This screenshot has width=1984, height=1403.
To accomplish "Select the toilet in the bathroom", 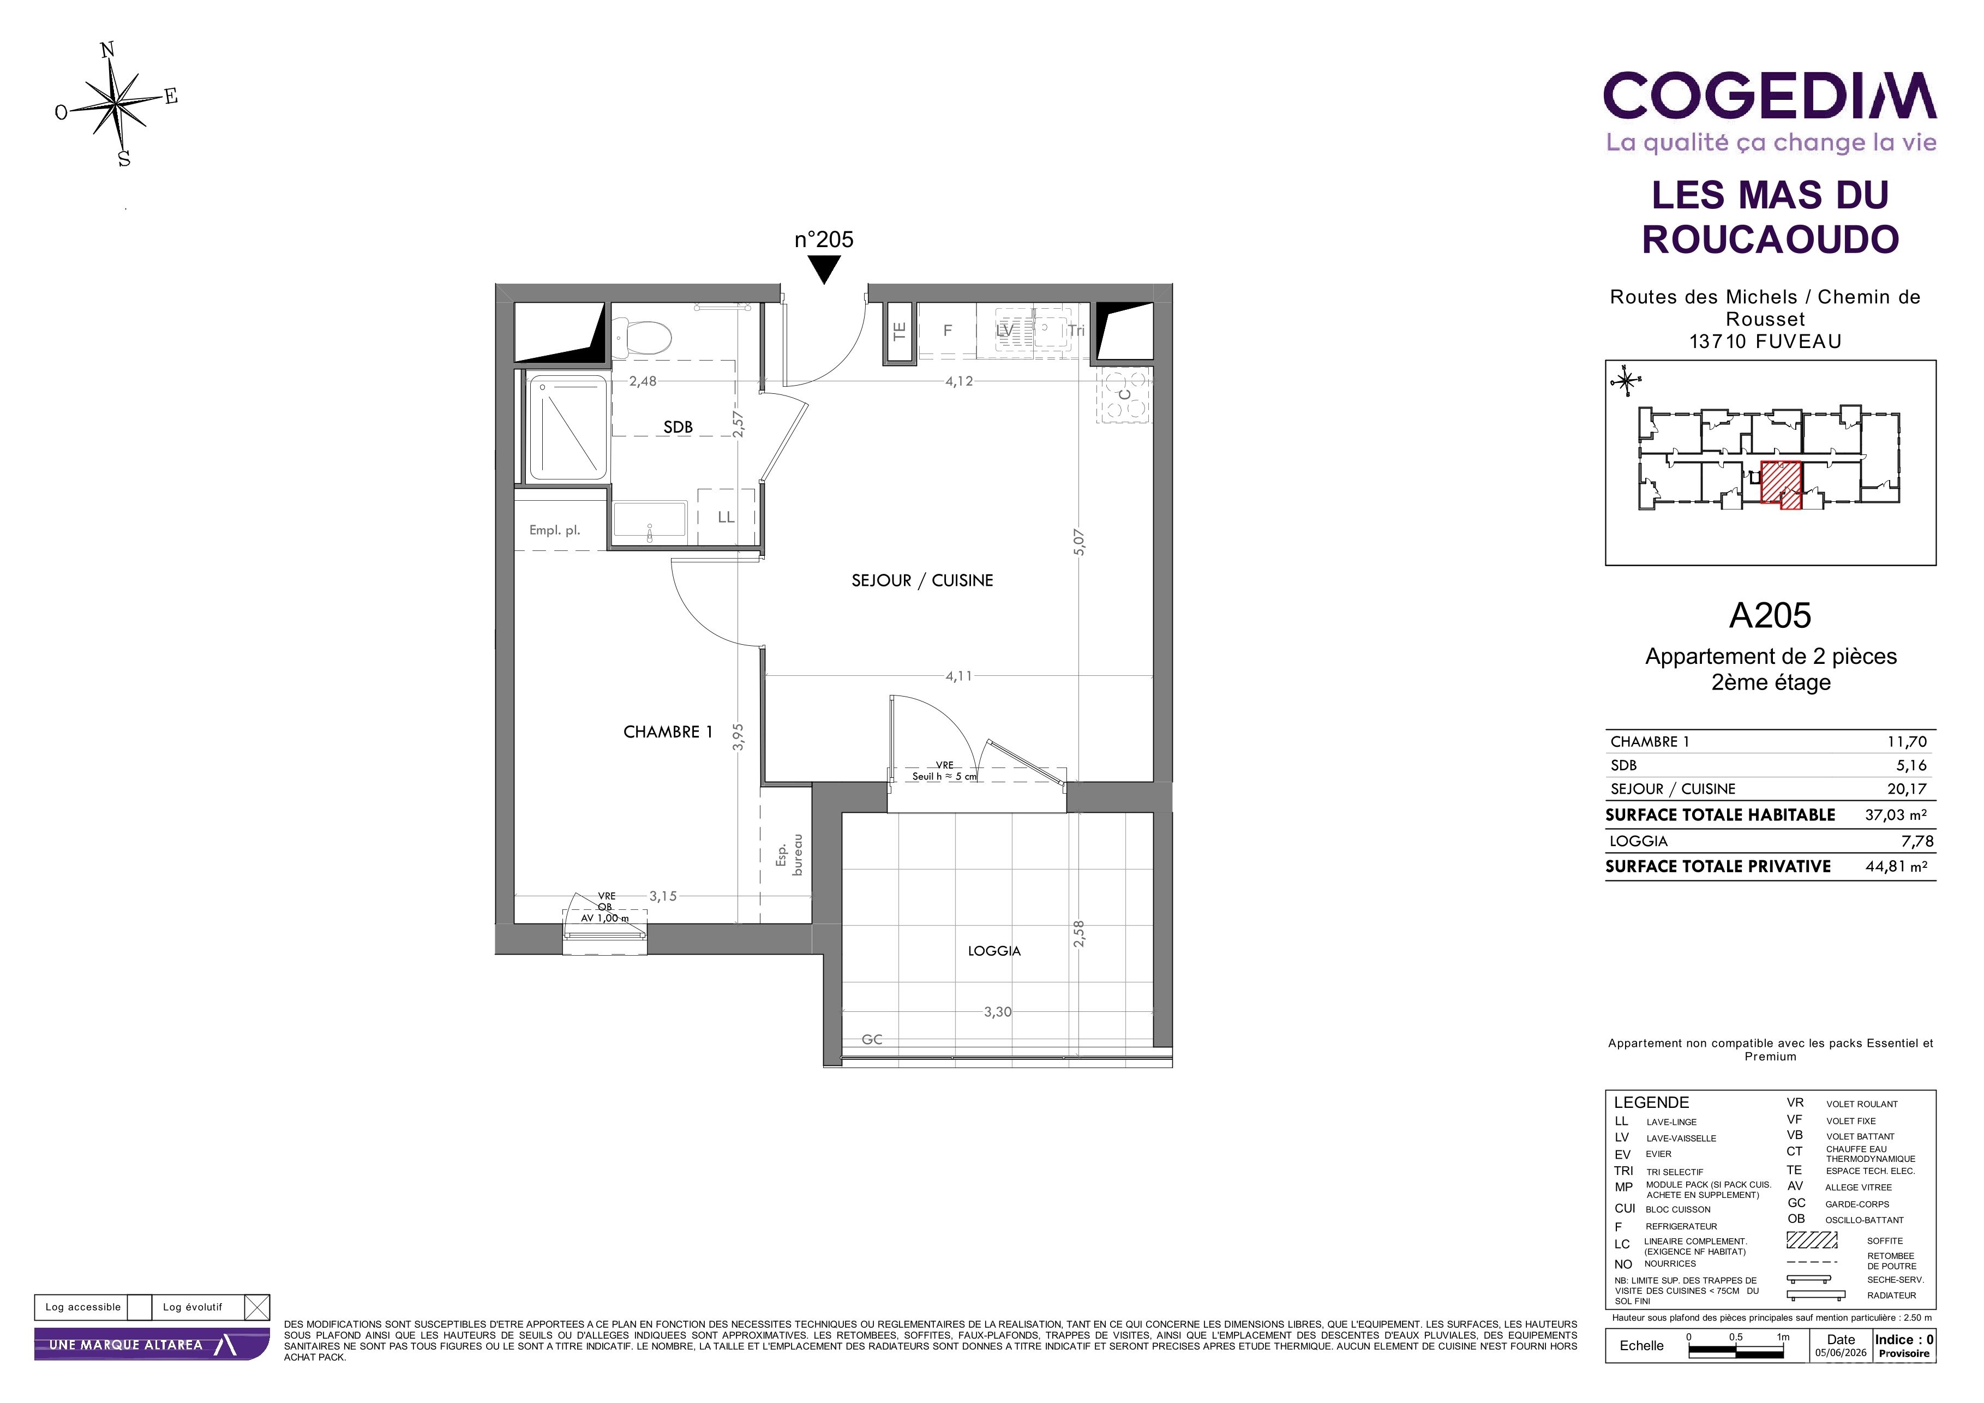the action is [x=641, y=336].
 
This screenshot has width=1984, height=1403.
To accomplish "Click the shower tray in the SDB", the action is [x=568, y=427].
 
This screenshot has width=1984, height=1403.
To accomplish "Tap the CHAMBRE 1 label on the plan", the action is [x=668, y=732].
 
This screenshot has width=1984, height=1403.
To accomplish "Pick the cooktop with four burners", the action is [x=1124, y=395].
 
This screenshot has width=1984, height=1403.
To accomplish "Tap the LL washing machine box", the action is [x=726, y=517].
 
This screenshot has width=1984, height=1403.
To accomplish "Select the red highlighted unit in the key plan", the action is [x=1782, y=484].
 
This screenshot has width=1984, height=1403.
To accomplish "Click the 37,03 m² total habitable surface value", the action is [x=1896, y=814].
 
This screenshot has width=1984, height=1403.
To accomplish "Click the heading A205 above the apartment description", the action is [x=1770, y=615].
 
